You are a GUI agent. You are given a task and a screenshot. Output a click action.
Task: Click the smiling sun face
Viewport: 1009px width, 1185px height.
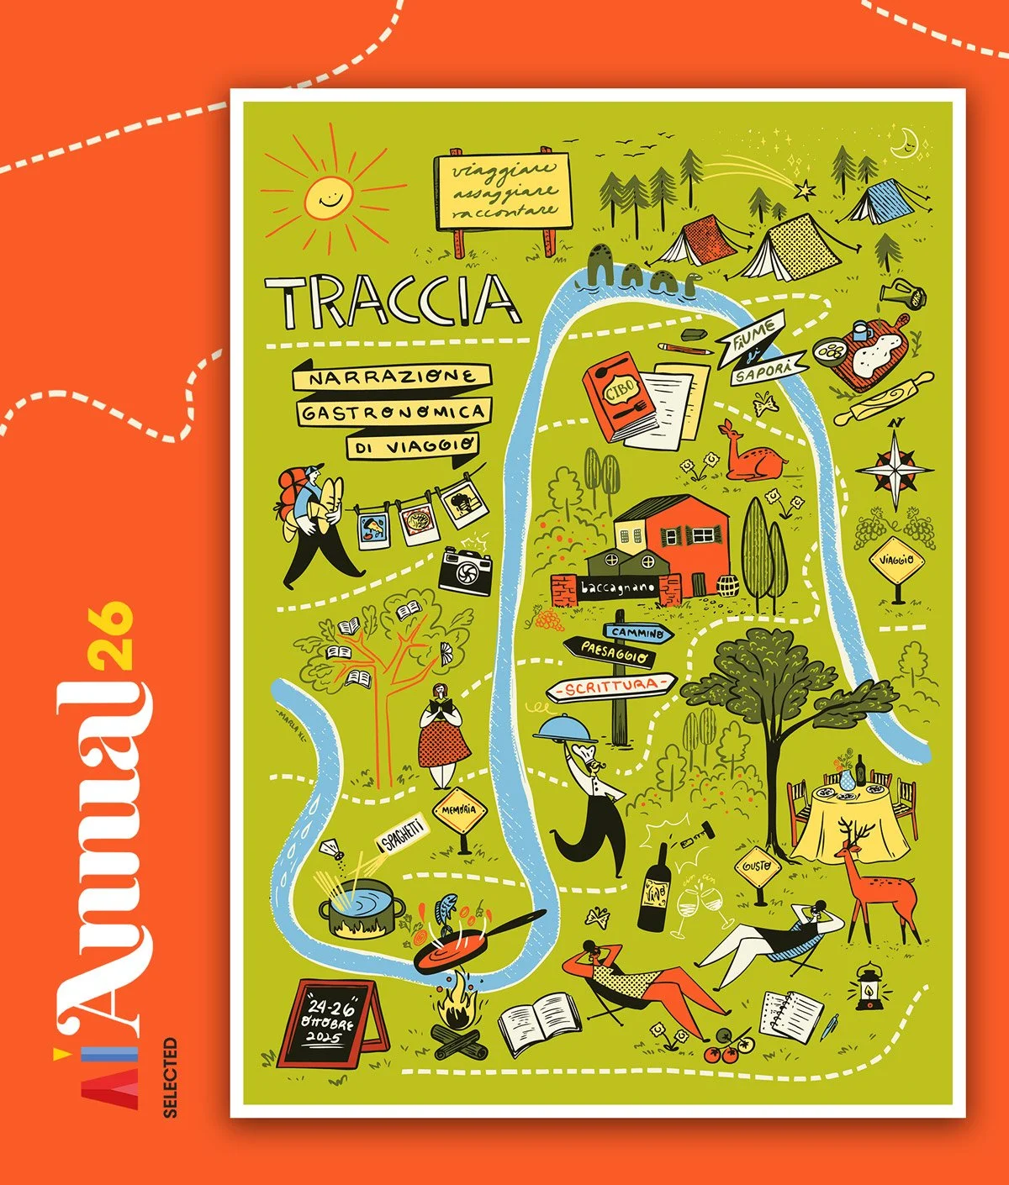point(325,197)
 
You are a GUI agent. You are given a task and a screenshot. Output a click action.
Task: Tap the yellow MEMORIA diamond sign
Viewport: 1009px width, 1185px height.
point(460,812)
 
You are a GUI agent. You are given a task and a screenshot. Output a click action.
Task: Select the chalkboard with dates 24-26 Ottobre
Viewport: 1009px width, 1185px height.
point(331,1020)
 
